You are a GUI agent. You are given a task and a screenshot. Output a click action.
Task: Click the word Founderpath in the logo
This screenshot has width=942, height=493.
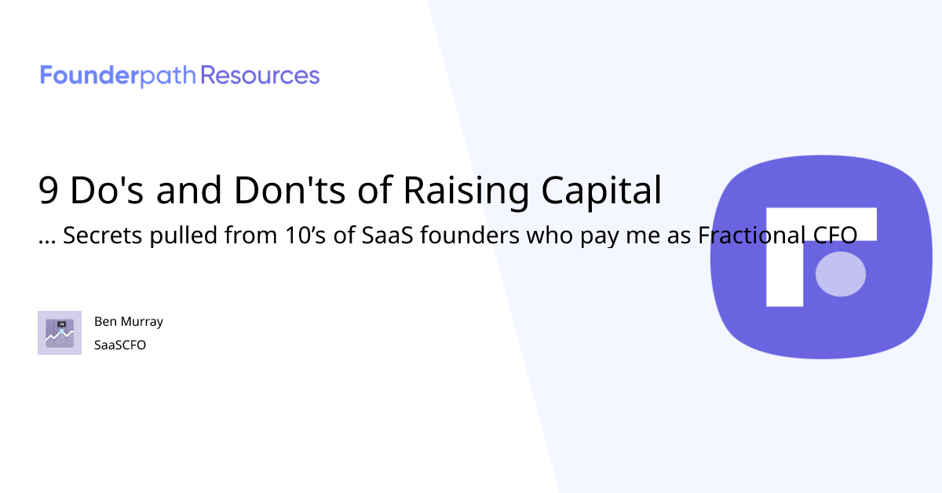coord(119,76)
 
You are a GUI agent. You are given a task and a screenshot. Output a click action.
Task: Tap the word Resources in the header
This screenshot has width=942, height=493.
coord(261,76)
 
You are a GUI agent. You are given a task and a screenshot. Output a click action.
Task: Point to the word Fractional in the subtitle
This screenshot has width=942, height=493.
coord(747,236)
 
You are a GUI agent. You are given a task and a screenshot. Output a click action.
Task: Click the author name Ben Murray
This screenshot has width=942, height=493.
coord(129,322)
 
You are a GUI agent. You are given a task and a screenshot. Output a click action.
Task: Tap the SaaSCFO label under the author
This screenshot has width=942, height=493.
coord(120,345)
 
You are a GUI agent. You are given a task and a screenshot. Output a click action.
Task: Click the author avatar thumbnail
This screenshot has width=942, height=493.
coord(60,333)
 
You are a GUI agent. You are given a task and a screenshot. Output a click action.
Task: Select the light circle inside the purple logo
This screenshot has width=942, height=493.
coord(841,274)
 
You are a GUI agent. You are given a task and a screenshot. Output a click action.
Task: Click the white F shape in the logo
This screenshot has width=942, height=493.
coord(785,259)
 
